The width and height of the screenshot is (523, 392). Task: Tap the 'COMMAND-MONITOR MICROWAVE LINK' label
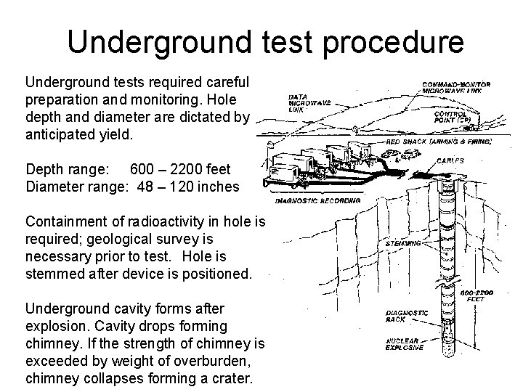pyautogui.click(x=456, y=88)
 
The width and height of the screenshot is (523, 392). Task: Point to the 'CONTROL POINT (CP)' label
pyautogui.click(x=455, y=118)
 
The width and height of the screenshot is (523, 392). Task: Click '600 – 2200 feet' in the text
pyautogui.click(x=180, y=169)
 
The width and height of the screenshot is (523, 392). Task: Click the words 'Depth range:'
pyautogui.click(x=68, y=169)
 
